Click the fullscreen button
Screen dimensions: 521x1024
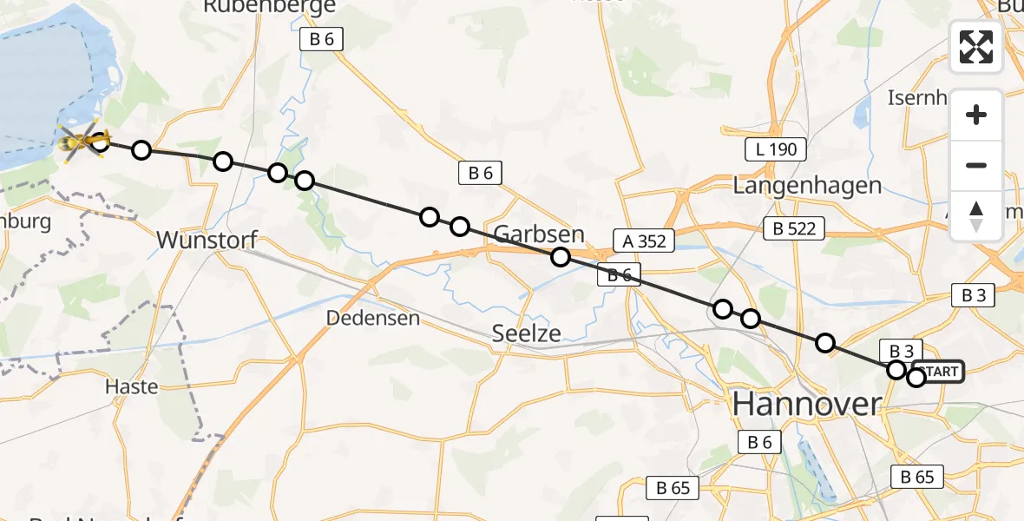[976, 47]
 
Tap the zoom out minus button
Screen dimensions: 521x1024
[976, 165]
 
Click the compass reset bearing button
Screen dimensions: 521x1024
[976, 216]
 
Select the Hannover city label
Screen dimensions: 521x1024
[806, 404]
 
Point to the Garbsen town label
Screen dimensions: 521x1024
[539, 234]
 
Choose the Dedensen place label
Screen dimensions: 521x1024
[373, 318]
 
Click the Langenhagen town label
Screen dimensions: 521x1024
[807, 185]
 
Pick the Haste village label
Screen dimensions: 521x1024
[131, 386]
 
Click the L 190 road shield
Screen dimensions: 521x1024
[777, 149]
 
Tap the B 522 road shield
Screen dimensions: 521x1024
[794, 228]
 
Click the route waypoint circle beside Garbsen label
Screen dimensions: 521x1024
[561, 256]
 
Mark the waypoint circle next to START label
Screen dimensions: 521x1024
[916, 377]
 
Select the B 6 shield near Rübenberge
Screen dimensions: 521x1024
[322, 38]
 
